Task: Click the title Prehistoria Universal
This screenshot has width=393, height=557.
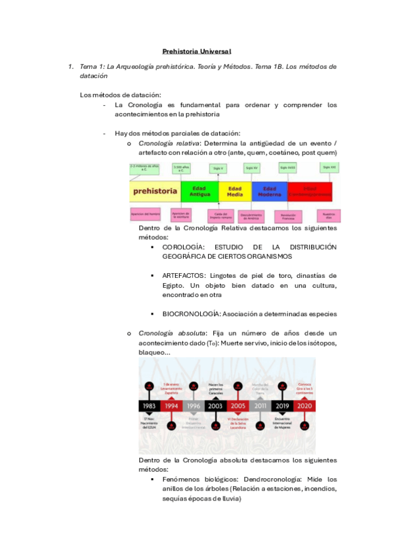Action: click(197, 51)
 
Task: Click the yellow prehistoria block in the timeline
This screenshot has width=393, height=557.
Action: click(155, 192)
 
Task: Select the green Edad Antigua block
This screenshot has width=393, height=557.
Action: click(199, 192)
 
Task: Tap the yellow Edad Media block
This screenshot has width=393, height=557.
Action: click(235, 192)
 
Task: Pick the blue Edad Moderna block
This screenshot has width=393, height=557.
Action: click(269, 192)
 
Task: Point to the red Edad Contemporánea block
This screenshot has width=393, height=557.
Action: click(310, 192)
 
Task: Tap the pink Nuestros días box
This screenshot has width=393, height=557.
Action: click(328, 215)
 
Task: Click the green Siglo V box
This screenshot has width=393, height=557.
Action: click(217, 169)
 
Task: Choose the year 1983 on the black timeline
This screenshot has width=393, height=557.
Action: click(149, 407)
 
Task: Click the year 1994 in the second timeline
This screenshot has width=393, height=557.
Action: click(172, 407)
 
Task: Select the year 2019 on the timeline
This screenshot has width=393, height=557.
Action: click(282, 407)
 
